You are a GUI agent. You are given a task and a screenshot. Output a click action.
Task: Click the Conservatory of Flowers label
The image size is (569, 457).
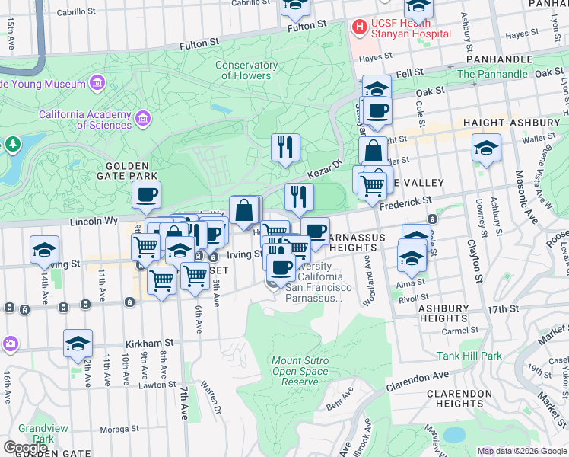coord(246,70)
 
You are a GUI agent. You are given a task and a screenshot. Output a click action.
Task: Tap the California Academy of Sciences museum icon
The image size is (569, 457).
coord(143,118)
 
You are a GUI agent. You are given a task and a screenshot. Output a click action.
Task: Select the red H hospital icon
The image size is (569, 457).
coord(359,27)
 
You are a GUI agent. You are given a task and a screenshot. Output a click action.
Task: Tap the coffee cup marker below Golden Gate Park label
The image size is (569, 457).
coord(146,194)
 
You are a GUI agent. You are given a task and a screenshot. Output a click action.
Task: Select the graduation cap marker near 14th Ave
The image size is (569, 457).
coord(45,250)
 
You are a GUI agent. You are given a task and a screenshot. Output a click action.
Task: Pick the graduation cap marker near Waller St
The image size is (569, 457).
coord(486,148)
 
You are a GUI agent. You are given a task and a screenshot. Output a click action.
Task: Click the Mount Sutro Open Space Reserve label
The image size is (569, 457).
coord(300,370)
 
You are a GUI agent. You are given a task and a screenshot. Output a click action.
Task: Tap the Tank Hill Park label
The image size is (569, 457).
coord(469,356)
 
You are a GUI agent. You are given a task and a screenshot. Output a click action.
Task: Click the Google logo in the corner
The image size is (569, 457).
coord(26,448)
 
